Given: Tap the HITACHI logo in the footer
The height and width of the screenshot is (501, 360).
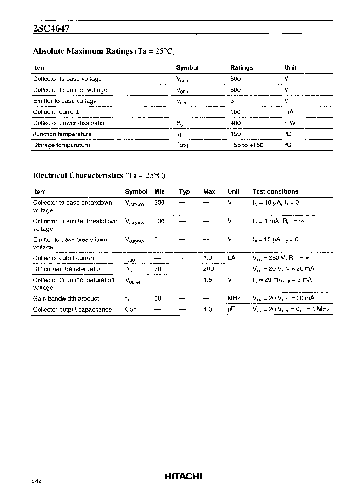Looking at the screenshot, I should coord(183,477).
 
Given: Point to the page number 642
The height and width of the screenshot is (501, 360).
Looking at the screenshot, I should coord(37,481).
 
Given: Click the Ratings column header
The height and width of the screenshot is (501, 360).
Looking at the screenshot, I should coord(242,68).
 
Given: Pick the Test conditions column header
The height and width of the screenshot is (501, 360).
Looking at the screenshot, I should coord(275,192).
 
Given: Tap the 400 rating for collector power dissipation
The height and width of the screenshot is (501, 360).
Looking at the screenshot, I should coord(236,123).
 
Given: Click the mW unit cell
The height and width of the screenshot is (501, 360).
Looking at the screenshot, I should coord(290,123).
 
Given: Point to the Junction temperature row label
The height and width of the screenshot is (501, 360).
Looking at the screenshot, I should coord(62,134).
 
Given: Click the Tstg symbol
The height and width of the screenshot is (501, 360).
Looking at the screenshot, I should coord(182,145).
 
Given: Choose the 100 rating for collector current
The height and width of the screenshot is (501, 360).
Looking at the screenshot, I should coord(236,112).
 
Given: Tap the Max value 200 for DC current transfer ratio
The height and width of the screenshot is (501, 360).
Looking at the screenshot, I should coord(208,269).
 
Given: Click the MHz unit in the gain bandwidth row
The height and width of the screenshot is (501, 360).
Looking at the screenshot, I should coord(234,298).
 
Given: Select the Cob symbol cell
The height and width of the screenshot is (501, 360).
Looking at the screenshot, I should coord(131,309).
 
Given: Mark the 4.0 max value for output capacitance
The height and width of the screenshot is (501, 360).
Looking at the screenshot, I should coord(208,309).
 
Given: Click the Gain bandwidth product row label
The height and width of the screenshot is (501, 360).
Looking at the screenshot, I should coord(66,298).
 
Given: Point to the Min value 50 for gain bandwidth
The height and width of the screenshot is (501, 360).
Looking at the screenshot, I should coord(158,298).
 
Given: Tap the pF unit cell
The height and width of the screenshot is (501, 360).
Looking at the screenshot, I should coord(231,309).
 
